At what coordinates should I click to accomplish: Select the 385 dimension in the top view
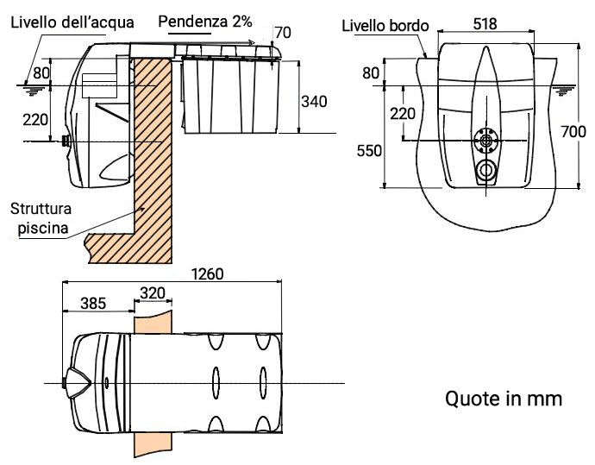(x=94, y=303)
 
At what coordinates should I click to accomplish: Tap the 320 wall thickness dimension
(x=152, y=292)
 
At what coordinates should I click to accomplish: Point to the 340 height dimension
(x=313, y=101)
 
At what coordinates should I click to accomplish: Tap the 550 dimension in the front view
(x=370, y=150)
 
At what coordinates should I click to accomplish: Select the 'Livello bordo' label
(x=384, y=25)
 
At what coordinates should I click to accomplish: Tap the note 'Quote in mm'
(x=504, y=399)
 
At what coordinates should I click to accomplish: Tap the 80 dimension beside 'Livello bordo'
(x=371, y=73)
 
